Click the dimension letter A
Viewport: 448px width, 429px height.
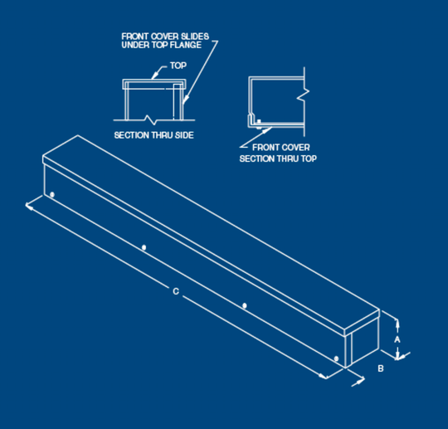[397, 339]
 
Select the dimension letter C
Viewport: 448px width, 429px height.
[175, 290]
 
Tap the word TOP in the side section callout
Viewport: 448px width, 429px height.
[178, 64]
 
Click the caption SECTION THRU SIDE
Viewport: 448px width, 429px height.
[153, 134]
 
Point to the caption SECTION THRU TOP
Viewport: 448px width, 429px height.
[278, 158]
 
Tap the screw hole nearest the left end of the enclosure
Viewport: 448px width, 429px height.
[51, 196]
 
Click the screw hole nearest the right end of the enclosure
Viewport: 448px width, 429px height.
[335, 359]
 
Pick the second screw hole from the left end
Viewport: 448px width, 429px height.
[144, 247]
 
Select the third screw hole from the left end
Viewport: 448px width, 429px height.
[244, 306]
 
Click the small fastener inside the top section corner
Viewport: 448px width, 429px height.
[260, 121]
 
